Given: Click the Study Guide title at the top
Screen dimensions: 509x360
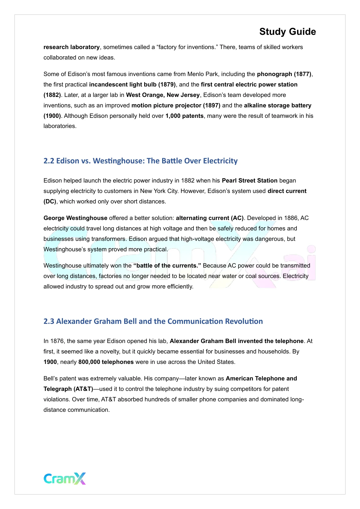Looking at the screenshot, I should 287,32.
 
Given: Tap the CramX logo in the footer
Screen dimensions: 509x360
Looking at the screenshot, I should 65,479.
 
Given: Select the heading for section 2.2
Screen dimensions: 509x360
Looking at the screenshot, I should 140,161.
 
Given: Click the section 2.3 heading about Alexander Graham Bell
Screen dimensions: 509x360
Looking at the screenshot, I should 153,321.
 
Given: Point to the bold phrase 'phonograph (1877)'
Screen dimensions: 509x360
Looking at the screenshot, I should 284,74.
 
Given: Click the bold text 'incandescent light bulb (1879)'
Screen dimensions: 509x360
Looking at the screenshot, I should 132,84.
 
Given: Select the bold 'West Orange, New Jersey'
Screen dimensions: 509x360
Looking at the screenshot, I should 163,95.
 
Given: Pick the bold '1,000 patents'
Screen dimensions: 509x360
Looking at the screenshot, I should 184,116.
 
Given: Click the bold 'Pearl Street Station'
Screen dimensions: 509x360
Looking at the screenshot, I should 249,181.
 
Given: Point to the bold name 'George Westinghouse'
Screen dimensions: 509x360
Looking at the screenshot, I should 75,218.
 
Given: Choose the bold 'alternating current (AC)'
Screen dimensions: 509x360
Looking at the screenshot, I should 210,218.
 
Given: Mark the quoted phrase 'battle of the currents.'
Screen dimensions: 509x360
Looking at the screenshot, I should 167,266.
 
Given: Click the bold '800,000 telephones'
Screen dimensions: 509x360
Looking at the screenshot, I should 106,362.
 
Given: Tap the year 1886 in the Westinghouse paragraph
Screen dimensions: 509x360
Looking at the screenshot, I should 291,218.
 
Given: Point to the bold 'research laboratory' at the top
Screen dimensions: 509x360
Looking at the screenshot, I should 71,47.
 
